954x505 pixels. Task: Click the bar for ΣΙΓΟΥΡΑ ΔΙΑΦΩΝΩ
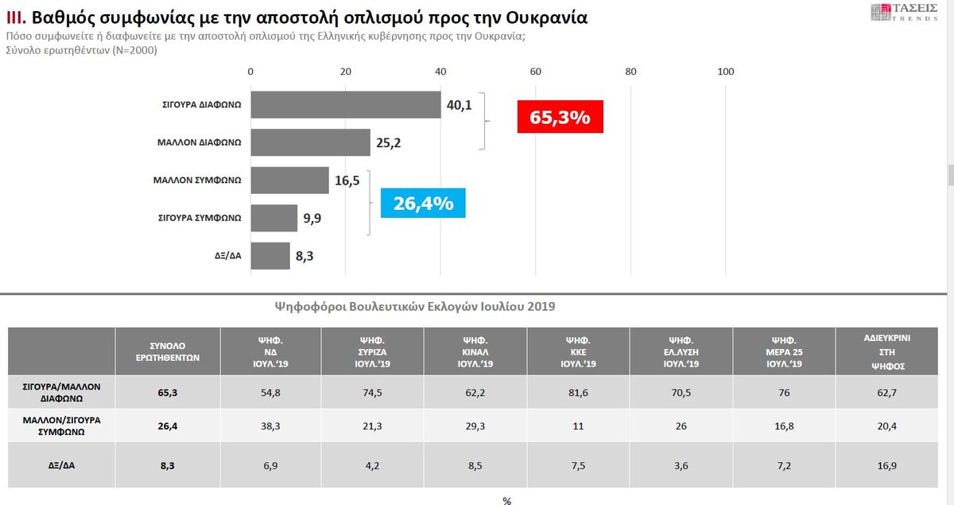(x=346, y=105)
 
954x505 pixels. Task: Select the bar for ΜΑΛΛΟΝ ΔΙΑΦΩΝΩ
(x=310, y=142)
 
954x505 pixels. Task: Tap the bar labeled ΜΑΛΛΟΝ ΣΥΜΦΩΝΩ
(x=289, y=181)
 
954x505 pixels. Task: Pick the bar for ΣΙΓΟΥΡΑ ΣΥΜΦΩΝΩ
(x=273, y=218)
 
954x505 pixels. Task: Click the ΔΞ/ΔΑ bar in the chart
(x=270, y=256)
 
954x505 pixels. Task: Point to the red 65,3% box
(x=560, y=118)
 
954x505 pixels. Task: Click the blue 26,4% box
(x=423, y=204)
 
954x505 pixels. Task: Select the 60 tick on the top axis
(x=536, y=72)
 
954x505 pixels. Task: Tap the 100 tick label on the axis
(x=726, y=72)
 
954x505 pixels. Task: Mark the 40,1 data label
(x=459, y=105)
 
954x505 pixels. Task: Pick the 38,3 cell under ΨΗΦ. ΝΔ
(x=270, y=425)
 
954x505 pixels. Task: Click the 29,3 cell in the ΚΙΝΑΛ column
(x=475, y=425)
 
